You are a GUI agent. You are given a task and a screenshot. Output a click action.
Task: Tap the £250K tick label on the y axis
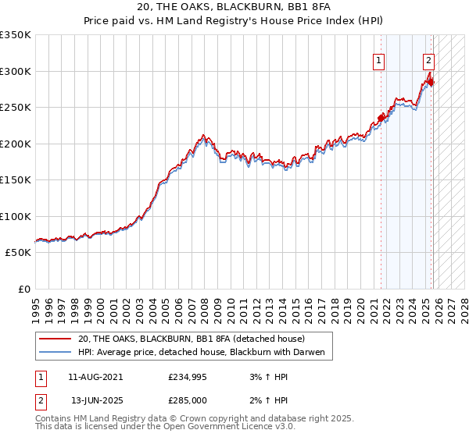click(16, 108)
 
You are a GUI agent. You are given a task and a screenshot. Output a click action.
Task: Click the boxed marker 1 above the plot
click(379, 59)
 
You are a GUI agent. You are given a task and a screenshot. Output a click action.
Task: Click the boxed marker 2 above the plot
click(429, 59)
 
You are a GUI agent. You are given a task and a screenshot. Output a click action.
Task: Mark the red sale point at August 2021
click(381, 119)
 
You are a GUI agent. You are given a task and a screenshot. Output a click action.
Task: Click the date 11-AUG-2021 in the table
click(95, 377)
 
